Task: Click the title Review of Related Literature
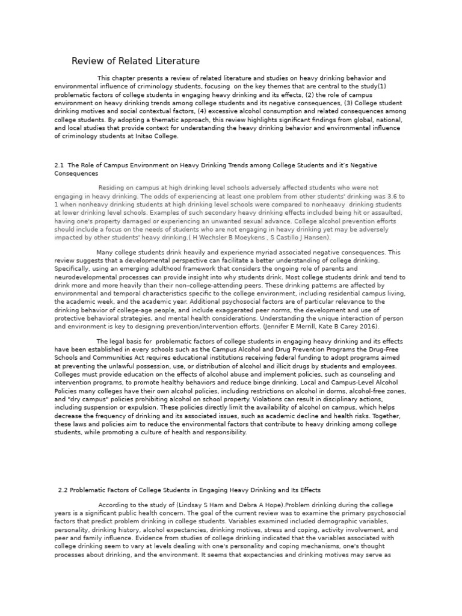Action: pyautogui.click(x=135, y=61)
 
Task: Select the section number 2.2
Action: pyautogui.click(x=64, y=490)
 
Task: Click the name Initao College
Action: pyautogui.click(x=158, y=137)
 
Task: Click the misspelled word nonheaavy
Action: pyautogui.click(x=316, y=205)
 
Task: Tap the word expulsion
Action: pyautogui.click(x=143, y=407)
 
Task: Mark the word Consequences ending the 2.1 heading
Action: pyautogui.click(x=76, y=173)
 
